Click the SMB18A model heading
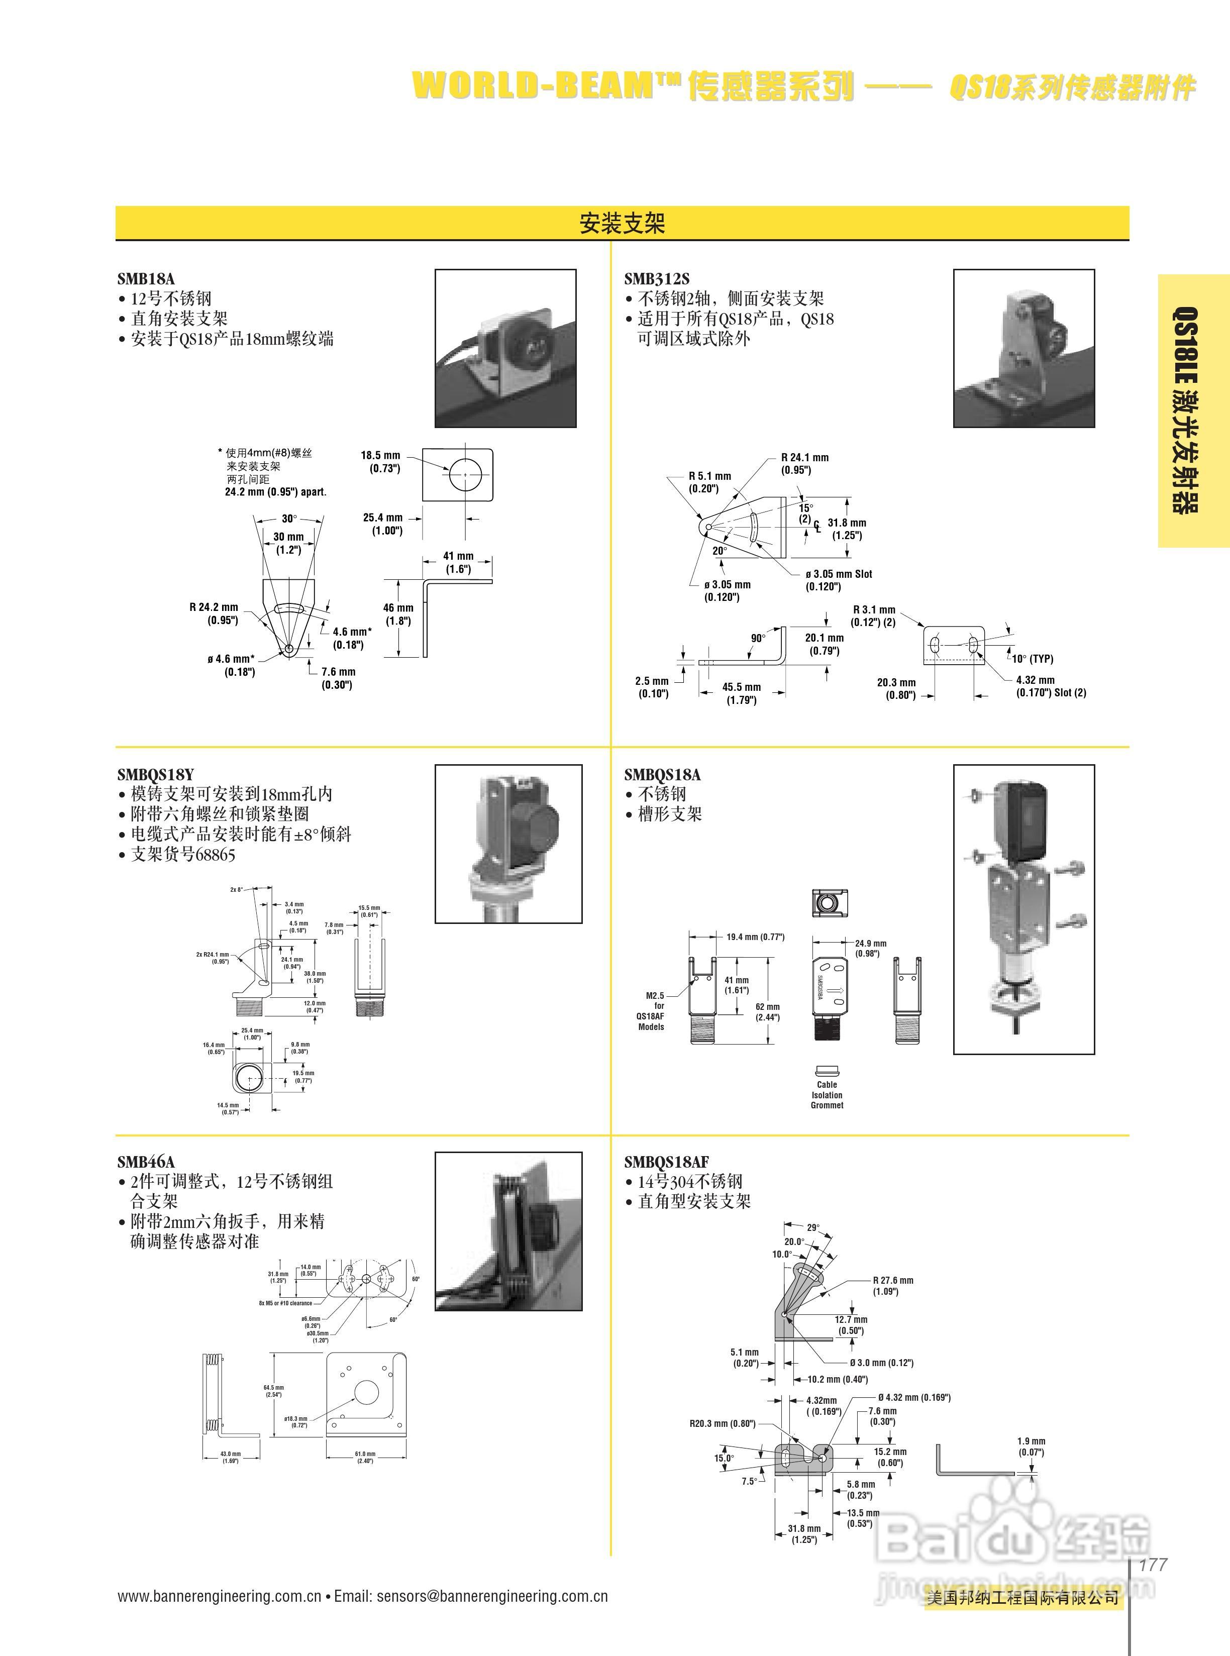tap(145, 278)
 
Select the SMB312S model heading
tap(656, 278)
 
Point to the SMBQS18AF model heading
tap(666, 1162)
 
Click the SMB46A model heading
tap(146, 1162)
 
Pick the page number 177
tap(1153, 1565)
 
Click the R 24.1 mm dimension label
tap(804, 458)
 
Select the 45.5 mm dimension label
tap(742, 687)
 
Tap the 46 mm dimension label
tap(398, 608)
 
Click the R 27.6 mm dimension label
tap(893, 1280)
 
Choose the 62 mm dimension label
tap(768, 1007)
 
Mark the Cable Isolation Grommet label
tap(827, 1095)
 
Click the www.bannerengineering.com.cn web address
tap(219, 1596)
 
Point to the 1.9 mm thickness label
tap(1031, 1441)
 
